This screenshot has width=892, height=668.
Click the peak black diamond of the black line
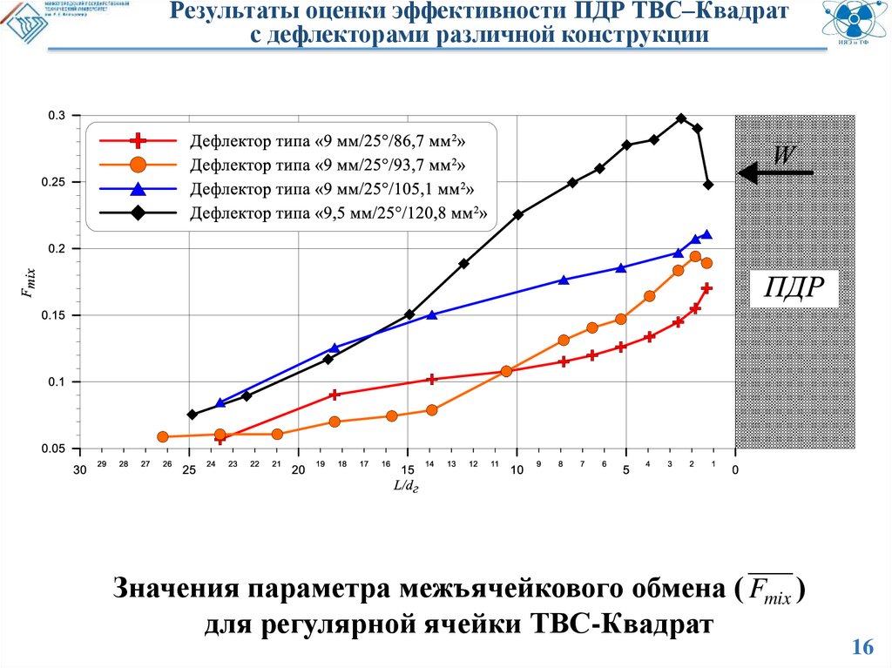(x=681, y=118)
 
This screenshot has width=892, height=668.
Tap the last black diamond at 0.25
(x=708, y=185)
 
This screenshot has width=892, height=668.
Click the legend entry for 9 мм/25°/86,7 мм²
(x=322, y=141)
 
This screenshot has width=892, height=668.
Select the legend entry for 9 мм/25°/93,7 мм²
(x=322, y=165)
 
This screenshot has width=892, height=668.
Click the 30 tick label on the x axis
(x=79, y=470)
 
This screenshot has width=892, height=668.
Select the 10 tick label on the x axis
(x=517, y=470)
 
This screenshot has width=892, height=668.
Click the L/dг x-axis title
(x=407, y=486)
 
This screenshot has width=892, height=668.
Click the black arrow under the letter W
(x=775, y=173)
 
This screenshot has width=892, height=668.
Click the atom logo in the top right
(x=856, y=25)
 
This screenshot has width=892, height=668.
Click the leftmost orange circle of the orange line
(x=163, y=437)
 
